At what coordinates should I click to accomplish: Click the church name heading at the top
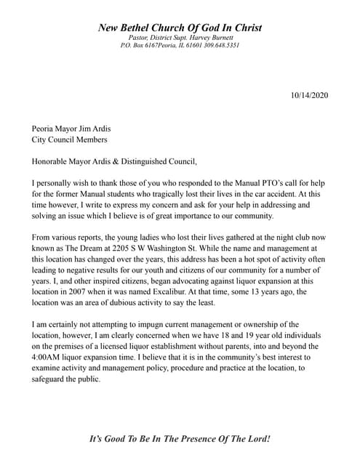click(x=180, y=28)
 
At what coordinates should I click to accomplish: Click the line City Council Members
click(x=69, y=139)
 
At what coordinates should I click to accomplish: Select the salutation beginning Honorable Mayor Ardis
click(x=114, y=161)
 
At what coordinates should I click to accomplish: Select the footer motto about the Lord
click(x=180, y=439)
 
